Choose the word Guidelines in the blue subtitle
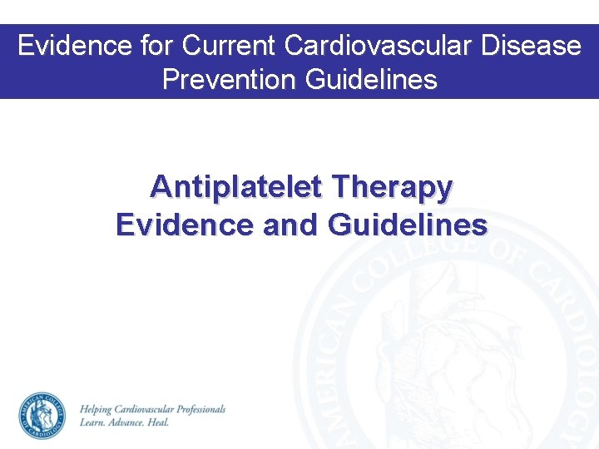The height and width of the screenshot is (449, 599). click(408, 224)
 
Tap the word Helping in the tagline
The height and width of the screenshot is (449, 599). click(98, 409)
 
